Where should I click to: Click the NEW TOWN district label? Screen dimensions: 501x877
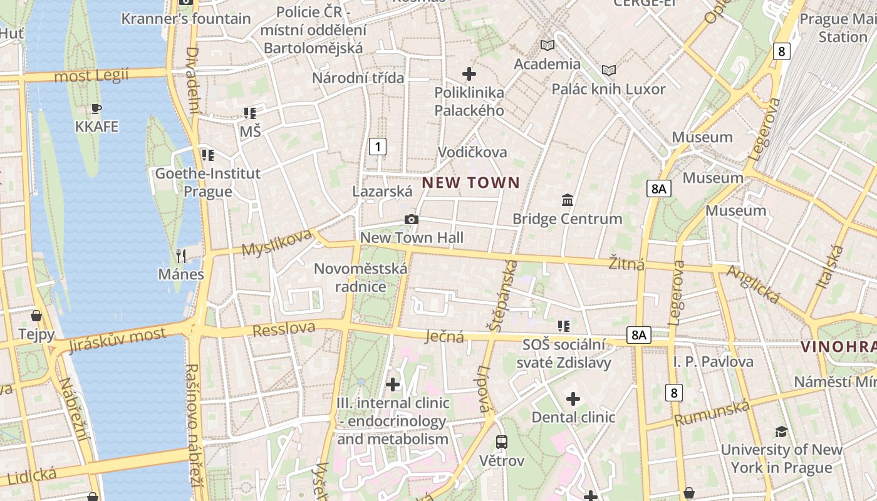click(x=471, y=183)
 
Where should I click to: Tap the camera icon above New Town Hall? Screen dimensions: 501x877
click(x=411, y=219)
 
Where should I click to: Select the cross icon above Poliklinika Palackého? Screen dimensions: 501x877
click(x=469, y=74)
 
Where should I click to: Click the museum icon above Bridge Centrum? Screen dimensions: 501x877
click(x=568, y=200)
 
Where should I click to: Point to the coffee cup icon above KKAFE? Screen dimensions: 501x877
click(x=96, y=109)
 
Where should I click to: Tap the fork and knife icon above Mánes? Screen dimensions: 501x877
click(x=181, y=256)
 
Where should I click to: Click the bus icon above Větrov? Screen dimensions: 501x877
click(x=501, y=442)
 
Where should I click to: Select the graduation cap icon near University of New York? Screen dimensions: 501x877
click(x=781, y=431)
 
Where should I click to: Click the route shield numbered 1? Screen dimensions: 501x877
click(x=377, y=147)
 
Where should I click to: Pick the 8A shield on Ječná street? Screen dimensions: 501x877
click(x=638, y=335)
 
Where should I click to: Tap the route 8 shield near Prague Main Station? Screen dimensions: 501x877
click(x=781, y=51)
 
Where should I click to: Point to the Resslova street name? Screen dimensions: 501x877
click(x=284, y=328)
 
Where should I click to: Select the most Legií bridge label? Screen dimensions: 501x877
click(x=91, y=76)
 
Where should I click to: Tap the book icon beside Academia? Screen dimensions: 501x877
click(x=547, y=45)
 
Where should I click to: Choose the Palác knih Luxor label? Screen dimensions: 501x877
click(x=608, y=89)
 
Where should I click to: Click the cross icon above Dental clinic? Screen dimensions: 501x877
click(x=573, y=399)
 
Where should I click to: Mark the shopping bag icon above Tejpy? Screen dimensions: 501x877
click(x=36, y=316)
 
